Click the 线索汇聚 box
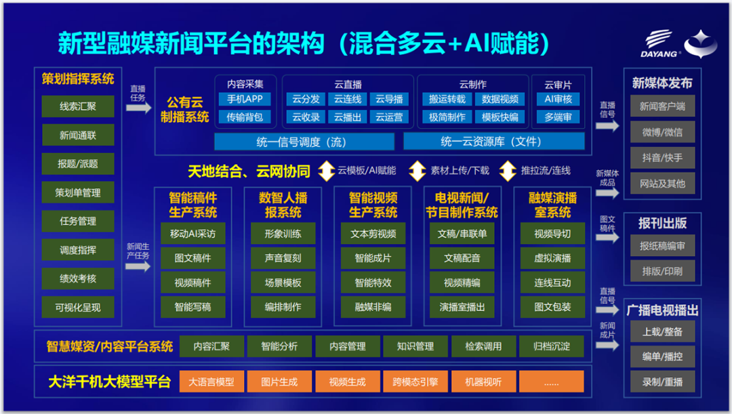tap(77, 106)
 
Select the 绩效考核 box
tap(77, 278)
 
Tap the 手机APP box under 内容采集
tap(245, 99)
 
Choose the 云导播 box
tap(389, 99)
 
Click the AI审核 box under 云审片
tap(558, 99)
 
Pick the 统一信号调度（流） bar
tap(304, 142)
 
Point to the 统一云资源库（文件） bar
tap(494, 142)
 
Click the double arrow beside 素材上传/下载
tap(417, 171)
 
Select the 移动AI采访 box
tap(192, 233)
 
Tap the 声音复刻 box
tap(283, 258)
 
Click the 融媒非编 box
tap(373, 307)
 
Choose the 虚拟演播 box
tap(553, 258)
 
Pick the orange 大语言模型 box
tap(211, 381)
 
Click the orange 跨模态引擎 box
tap(415, 381)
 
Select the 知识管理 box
tap(415, 346)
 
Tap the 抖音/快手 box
tap(662, 158)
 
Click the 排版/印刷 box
tap(662, 271)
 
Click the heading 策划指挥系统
tap(77, 79)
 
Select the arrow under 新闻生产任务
tap(138, 266)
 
